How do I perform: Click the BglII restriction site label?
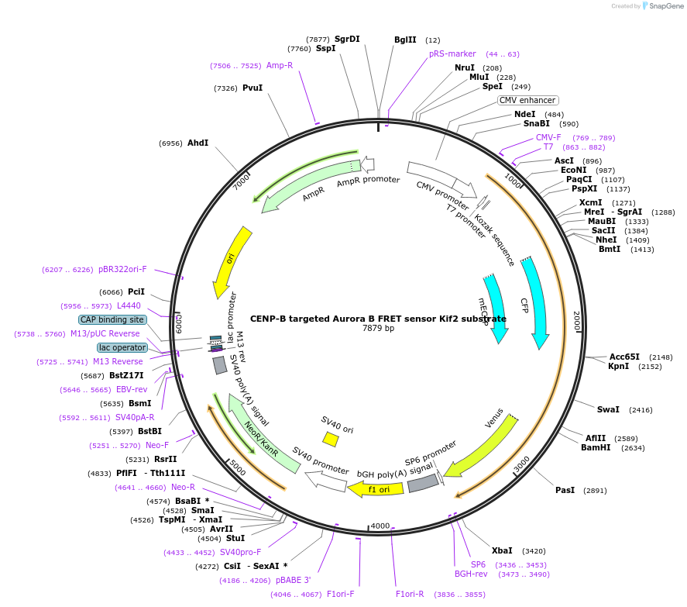point(405,40)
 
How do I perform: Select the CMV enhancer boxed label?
point(527,100)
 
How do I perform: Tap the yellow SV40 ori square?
point(331,440)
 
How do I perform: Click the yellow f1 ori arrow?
point(375,489)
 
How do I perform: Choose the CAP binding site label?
point(112,319)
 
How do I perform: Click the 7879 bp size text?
point(378,329)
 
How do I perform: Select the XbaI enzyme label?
point(502,550)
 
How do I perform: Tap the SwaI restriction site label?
point(608,409)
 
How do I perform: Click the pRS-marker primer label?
point(452,53)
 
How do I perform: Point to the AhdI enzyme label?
point(198,143)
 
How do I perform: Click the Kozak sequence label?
point(495,240)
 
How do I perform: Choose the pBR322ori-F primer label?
point(122,269)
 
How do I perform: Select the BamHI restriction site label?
point(596,447)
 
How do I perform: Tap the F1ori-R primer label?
point(410,594)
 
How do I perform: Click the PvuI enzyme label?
point(252,88)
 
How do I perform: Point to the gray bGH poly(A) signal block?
point(423,483)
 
